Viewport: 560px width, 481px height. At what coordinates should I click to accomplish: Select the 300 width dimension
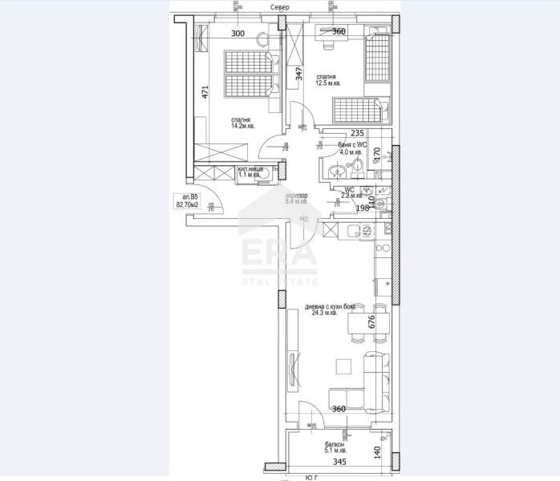click(238, 34)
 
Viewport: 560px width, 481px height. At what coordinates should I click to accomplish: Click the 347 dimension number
click(298, 75)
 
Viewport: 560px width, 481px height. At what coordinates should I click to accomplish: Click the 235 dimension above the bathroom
click(358, 135)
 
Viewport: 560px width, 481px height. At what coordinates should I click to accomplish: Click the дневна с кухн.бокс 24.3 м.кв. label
click(331, 309)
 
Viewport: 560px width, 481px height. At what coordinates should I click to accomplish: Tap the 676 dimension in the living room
click(370, 322)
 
